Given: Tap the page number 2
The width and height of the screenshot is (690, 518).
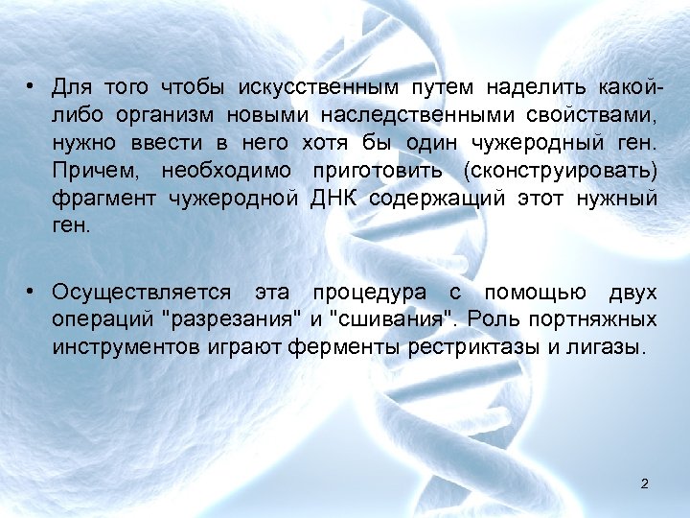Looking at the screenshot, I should click(644, 483).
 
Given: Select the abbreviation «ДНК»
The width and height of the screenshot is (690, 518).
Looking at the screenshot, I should click(333, 199).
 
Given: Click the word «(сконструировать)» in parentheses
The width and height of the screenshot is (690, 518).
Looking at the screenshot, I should click(573, 171).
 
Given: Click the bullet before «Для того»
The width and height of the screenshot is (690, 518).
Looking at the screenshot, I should click(32, 88).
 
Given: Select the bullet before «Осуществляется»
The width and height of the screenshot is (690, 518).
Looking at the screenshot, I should click(32, 292).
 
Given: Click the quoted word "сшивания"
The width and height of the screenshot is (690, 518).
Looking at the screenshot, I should click(380, 319).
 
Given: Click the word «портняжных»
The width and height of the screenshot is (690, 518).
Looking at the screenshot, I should click(606, 319).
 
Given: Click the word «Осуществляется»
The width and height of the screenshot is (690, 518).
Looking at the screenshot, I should click(142, 292).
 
